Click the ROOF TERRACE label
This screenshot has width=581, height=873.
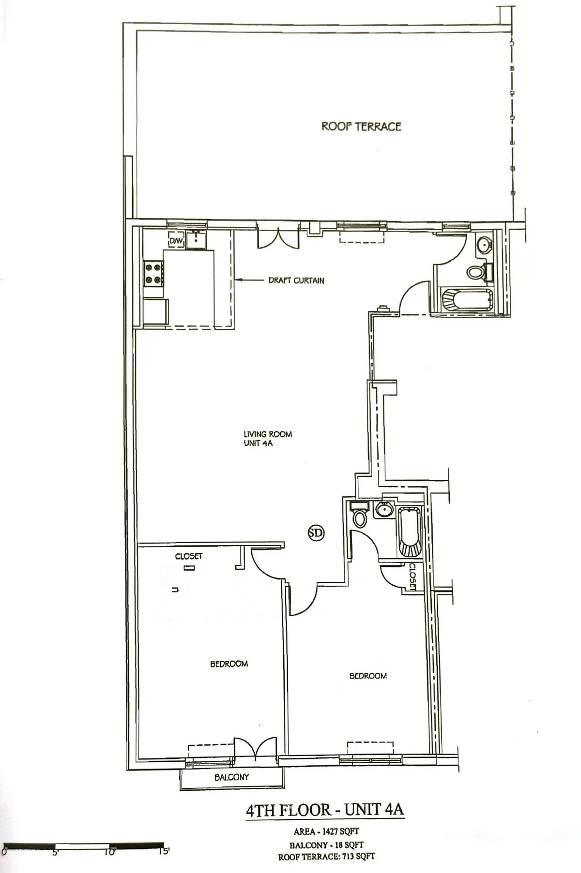tap(361, 126)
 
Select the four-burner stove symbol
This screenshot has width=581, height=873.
tap(153, 273)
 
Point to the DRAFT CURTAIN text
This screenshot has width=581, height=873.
tap(296, 281)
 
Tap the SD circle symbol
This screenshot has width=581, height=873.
tap(316, 533)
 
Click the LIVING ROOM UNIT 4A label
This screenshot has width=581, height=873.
tap(267, 438)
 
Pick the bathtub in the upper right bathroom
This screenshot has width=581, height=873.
tap(467, 300)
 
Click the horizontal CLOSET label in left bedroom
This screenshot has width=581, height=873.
tap(189, 556)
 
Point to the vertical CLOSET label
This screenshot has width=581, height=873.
tap(413, 577)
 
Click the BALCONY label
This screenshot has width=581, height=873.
tap(231, 777)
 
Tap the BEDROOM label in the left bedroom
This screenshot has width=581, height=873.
tap(229, 664)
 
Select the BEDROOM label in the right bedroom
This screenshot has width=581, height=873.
tap(368, 676)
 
